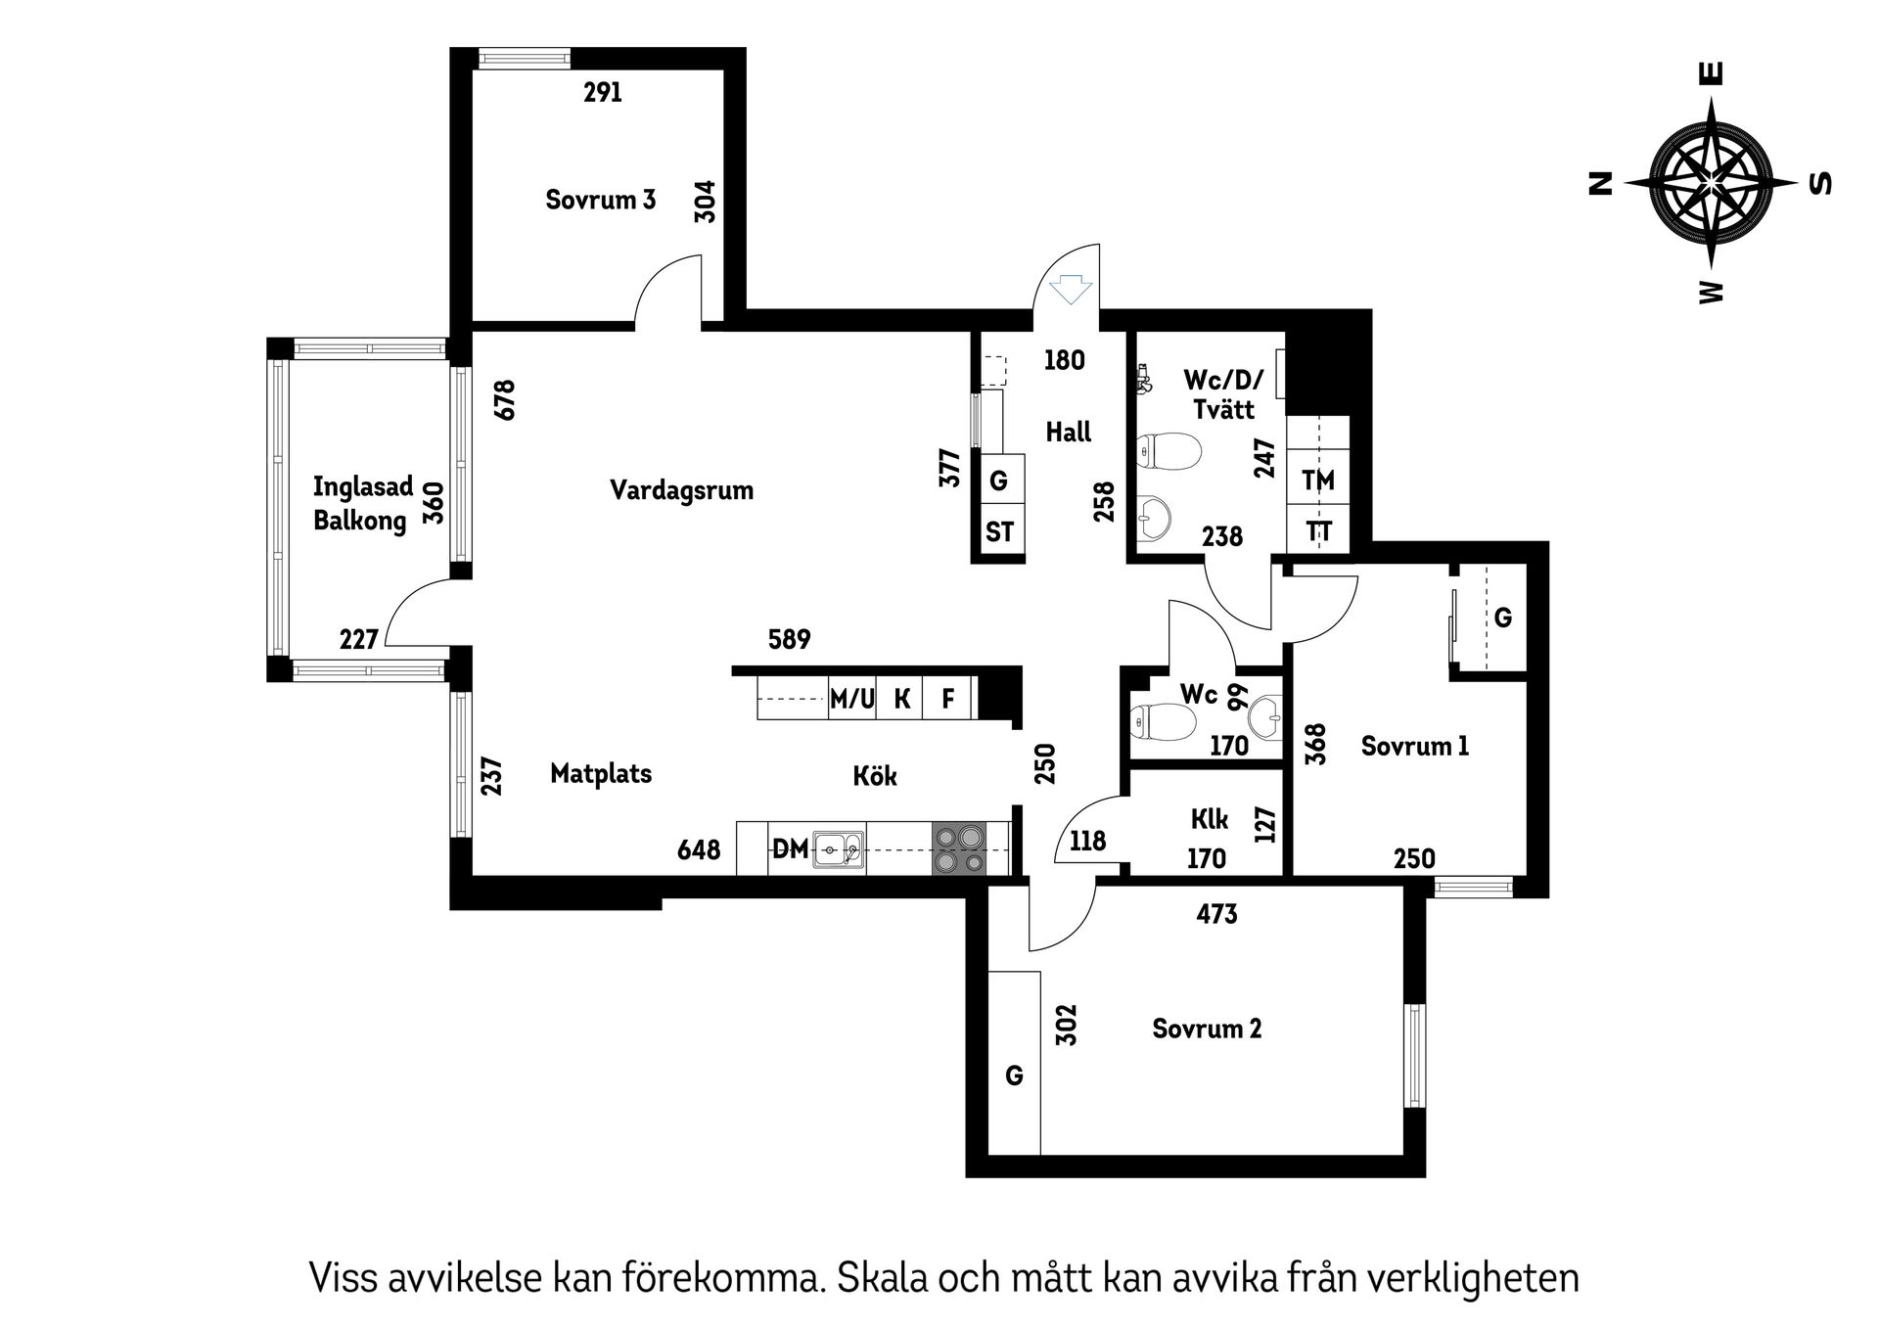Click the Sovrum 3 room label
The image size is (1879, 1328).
click(x=600, y=200)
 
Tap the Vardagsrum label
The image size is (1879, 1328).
click(x=681, y=490)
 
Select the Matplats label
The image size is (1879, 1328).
click(x=601, y=774)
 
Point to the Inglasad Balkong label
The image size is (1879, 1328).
click(x=362, y=503)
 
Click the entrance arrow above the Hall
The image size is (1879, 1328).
click(x=1070, y=290)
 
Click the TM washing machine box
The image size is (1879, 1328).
click(x=1318, y=481)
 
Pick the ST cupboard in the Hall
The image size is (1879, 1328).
click(x=999, y=532)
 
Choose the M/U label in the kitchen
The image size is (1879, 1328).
click(x=851, y=699)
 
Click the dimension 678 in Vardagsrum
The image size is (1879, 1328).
click(x=505, y=400)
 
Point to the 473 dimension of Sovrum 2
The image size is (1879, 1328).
click(x=1216, y=914)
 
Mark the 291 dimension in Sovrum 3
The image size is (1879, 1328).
click(x=603, y=93)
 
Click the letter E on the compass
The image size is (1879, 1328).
click(x=1712, y=73)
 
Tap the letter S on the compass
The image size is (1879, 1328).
click(x=1821, y=183)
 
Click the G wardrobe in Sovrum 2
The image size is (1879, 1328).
click(x=1014, y=1076)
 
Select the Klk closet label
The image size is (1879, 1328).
click(x=1211, y=818)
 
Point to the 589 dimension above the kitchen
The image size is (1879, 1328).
click(x=790, y=639)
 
